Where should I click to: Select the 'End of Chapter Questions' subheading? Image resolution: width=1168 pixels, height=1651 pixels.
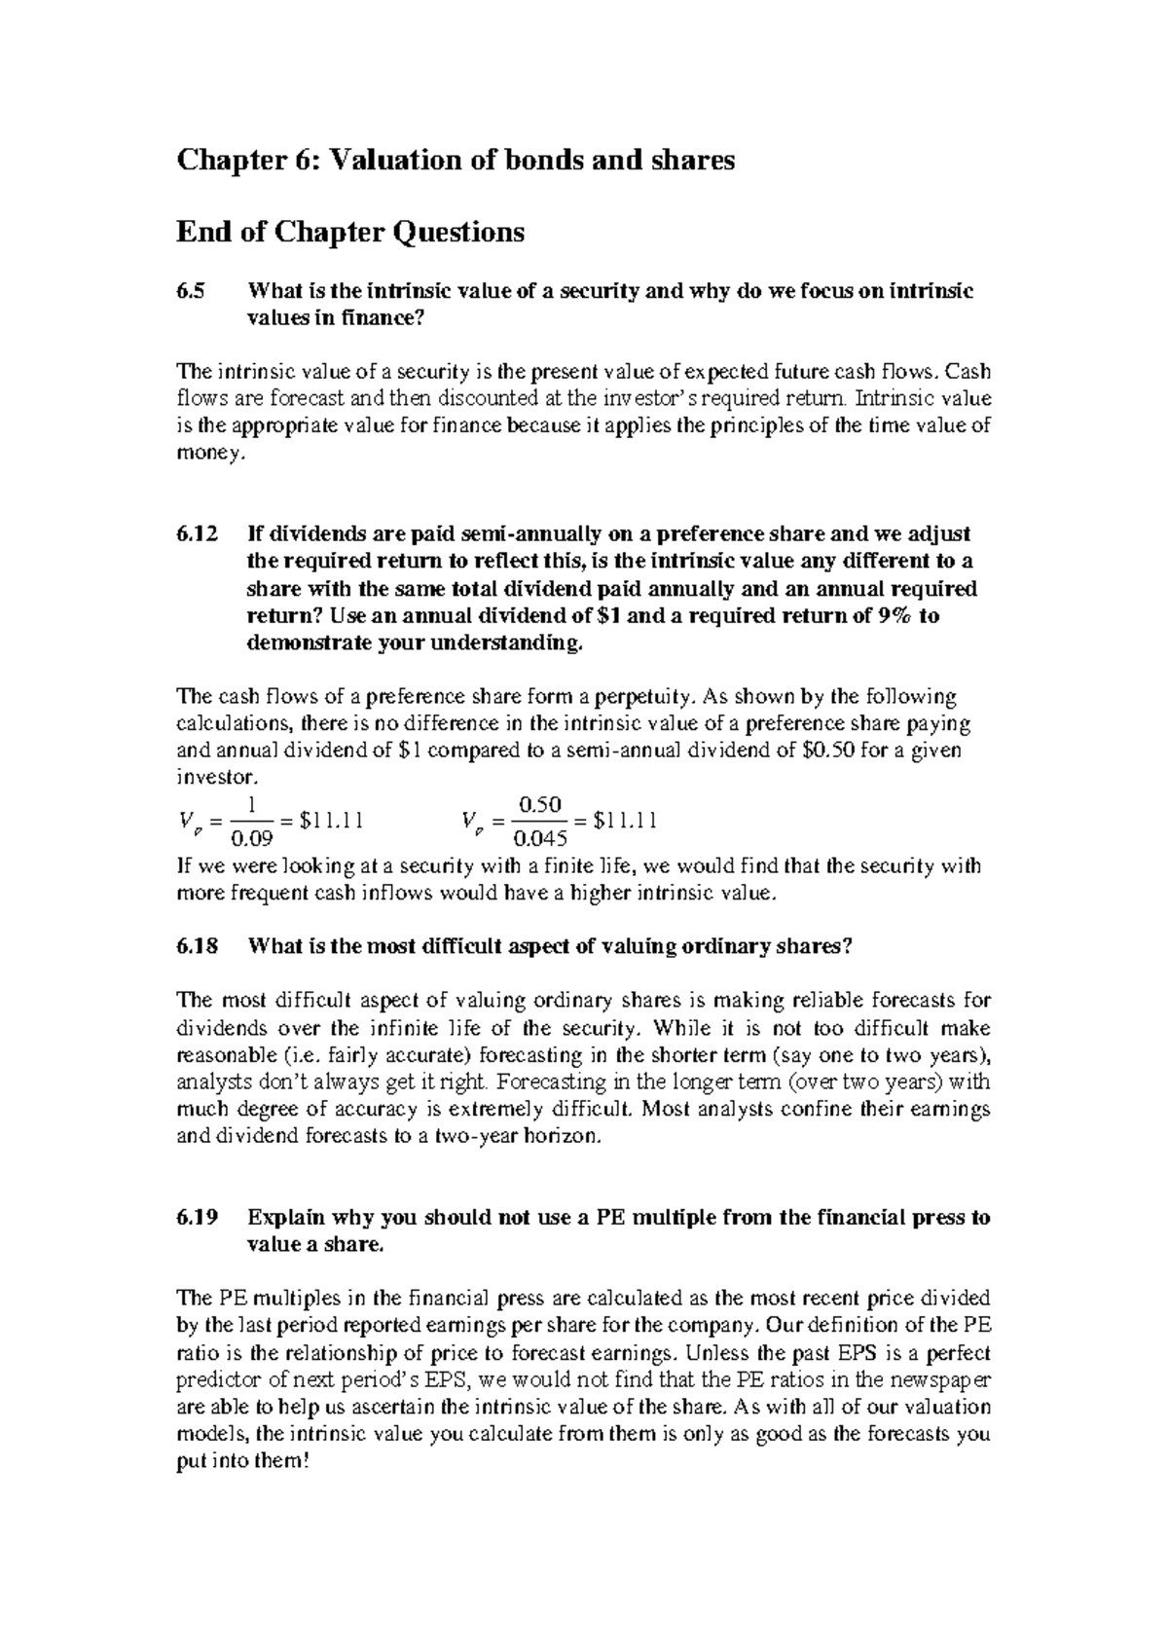[x=349, y=233]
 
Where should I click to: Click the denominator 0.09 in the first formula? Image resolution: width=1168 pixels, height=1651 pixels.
[x=255, y=838]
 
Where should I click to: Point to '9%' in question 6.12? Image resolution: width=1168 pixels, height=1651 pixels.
[x=894, y=616]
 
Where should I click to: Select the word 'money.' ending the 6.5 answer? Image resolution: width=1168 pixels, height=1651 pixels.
[x=205, y=454]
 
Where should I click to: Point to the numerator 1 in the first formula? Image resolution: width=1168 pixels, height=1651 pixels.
[x=252, y=805]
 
